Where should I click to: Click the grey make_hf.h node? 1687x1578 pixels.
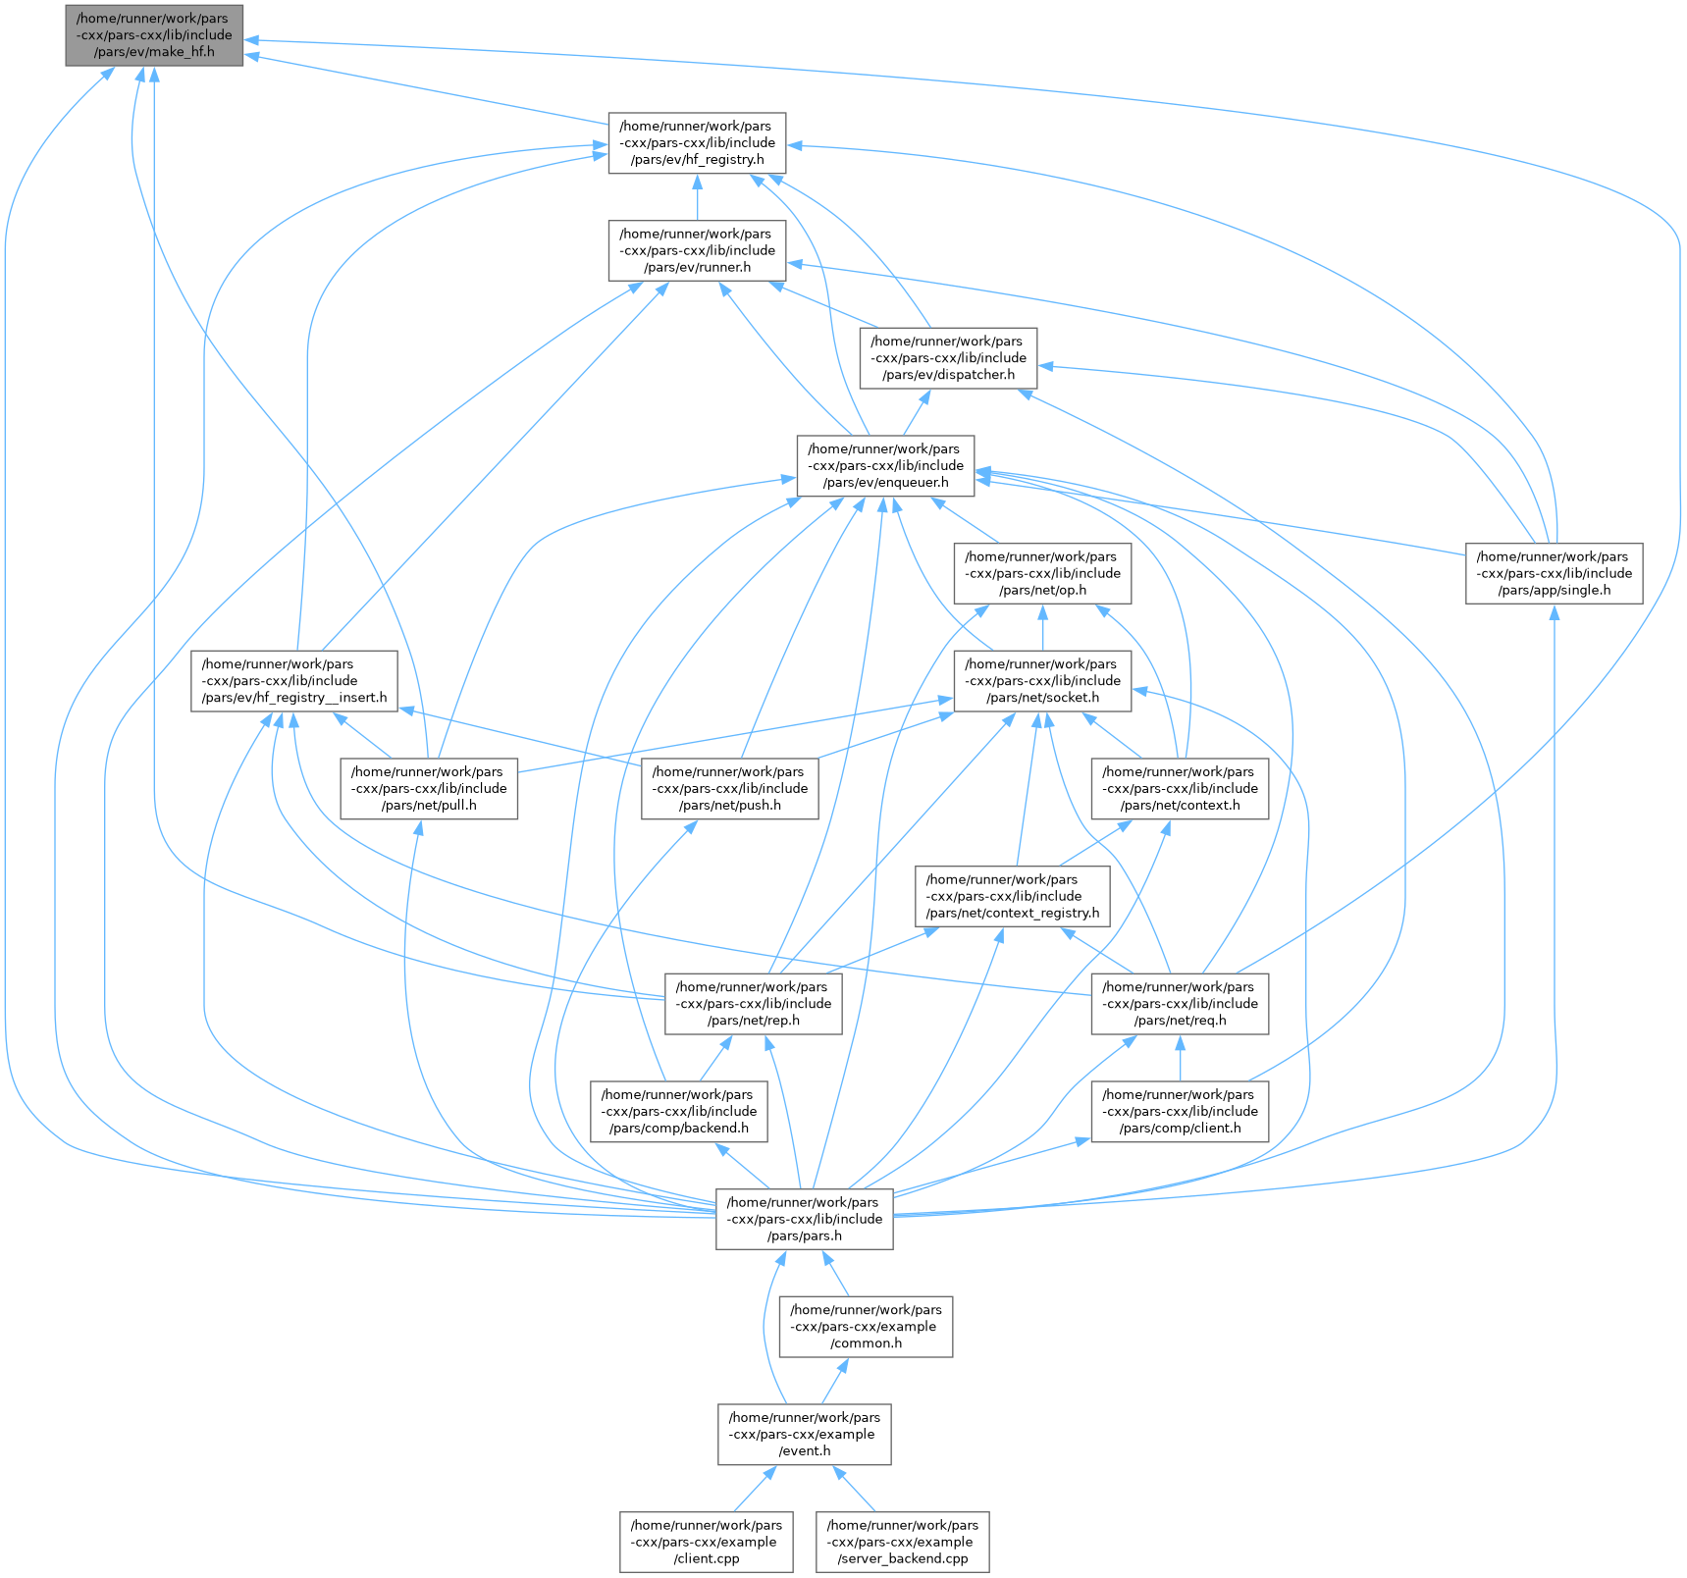pyautogui.click(x=154, y=35)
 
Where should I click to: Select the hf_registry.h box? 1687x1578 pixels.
pyautogui.click(x=697, y=143)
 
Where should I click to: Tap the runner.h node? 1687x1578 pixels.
pyautogui.click(x=697, y=251)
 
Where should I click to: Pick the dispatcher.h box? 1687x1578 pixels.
pyautogui.click(x=948, y=358)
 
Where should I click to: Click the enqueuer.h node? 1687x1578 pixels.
pyautogui.click(x=885, y=466)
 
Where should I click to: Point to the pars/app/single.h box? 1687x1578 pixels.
pyautogui.click(x=1554, y=574)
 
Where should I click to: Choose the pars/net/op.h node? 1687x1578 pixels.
pyautogui.click(x=1042, y=574)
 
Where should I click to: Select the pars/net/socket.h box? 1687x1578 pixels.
pyautogui.click(x=1042, y=681)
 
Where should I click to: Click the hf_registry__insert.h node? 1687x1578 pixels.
pyautogui.click(x=294, y=681)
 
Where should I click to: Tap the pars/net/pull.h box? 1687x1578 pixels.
pyautogui.click(x=429, y=789)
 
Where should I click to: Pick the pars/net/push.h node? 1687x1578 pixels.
pyautogui.click(x=729, y=789)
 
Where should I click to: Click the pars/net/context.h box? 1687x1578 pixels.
pyautogui.click(x=1180, y=789)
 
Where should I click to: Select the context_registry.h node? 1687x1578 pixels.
pyautogui.click(x=1013, y=896)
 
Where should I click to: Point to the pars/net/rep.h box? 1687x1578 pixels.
pyautogui.click(x=753, y=1004)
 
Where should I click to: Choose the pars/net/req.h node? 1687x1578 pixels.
pyautogui.click(x=1180, y=1004)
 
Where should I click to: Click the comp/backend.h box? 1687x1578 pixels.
pyautogui.click(x=678, y=1112)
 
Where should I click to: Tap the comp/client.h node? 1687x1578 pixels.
pyautogui.click(x=1180, y=1112)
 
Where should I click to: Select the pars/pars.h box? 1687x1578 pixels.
pyautogui.click(x=804, y=1219)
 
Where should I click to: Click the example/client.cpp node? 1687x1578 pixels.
pyautogui.click(x=706, y=1542)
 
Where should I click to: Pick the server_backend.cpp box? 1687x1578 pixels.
pyautogui.click(x=902, y=1542)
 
